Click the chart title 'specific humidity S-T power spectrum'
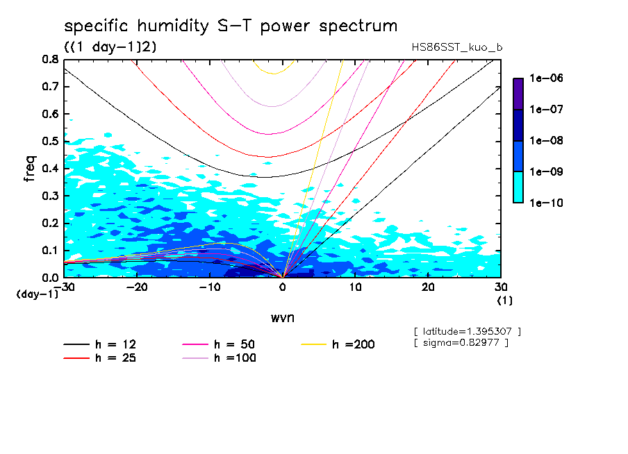click(231, 26)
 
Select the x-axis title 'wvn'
click(282, 317)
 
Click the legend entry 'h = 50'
click(235, 344)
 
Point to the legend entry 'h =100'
click(235, 358)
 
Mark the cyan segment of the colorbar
click(518, 187)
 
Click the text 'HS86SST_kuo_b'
click(457, 47)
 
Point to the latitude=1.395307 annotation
click(467, 331)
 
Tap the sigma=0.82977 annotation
click(461, 342)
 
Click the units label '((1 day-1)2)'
click(110, 47)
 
